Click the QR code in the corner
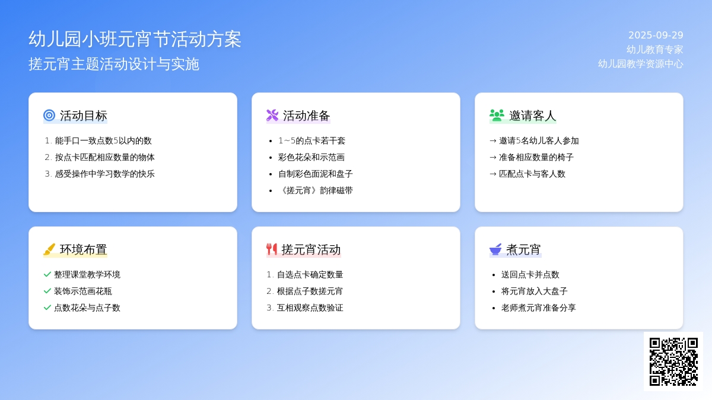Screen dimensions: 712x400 673,361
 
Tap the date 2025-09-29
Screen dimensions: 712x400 656,35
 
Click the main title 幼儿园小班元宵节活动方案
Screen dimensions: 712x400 135,39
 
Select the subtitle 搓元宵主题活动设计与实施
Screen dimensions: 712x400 114,64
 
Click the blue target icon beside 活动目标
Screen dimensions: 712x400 49,115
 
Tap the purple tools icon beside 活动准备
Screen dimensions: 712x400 272,115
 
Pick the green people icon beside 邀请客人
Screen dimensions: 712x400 497,115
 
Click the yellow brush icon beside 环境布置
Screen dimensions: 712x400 49,249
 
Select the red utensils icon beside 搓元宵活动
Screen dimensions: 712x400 272,249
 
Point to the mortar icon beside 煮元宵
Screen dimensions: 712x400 495,249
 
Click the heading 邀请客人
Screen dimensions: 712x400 533,116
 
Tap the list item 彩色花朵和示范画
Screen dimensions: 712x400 311,157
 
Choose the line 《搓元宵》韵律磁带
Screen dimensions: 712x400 315,190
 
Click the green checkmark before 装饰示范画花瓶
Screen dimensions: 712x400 47,291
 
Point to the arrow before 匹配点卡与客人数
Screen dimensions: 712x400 493,174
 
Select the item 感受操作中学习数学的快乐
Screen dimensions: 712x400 105,174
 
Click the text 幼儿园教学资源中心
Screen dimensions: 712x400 640,64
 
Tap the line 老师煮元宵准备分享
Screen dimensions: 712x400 539,308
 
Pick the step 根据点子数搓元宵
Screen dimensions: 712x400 310,291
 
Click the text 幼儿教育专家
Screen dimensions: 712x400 655,50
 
